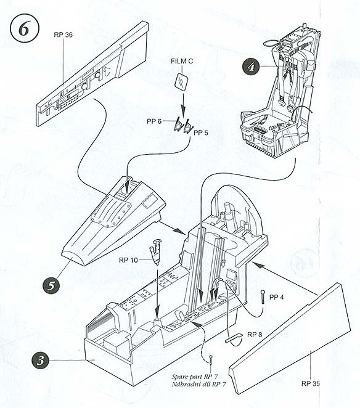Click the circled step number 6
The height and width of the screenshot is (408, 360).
(x=25, y=28)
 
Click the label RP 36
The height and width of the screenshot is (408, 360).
(x=63, y=35)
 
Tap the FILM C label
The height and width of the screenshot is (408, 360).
(x=182, y=61)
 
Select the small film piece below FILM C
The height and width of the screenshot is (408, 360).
(x=182, y=81)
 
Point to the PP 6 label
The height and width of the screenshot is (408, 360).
(x=154, y=121)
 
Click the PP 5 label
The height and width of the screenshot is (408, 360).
(x=201, y=133)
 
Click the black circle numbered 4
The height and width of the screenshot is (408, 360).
(x=250, y=67)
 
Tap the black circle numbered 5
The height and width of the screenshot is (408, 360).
(x=51, y=285)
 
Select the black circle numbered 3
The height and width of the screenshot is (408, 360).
(x=40, y=361)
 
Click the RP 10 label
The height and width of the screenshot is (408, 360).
(x=128, y=260)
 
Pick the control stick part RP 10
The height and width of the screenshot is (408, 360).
(x=155, y=251)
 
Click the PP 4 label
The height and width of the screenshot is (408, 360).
(x=276, y=297)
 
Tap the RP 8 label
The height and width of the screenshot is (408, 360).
(x=255, y=335)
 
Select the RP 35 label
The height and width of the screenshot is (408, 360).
(x=311, y=383)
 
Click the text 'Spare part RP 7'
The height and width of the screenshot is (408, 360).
(x=195, y=377)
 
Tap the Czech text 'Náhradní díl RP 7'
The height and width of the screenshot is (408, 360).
(x=198, y=385)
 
